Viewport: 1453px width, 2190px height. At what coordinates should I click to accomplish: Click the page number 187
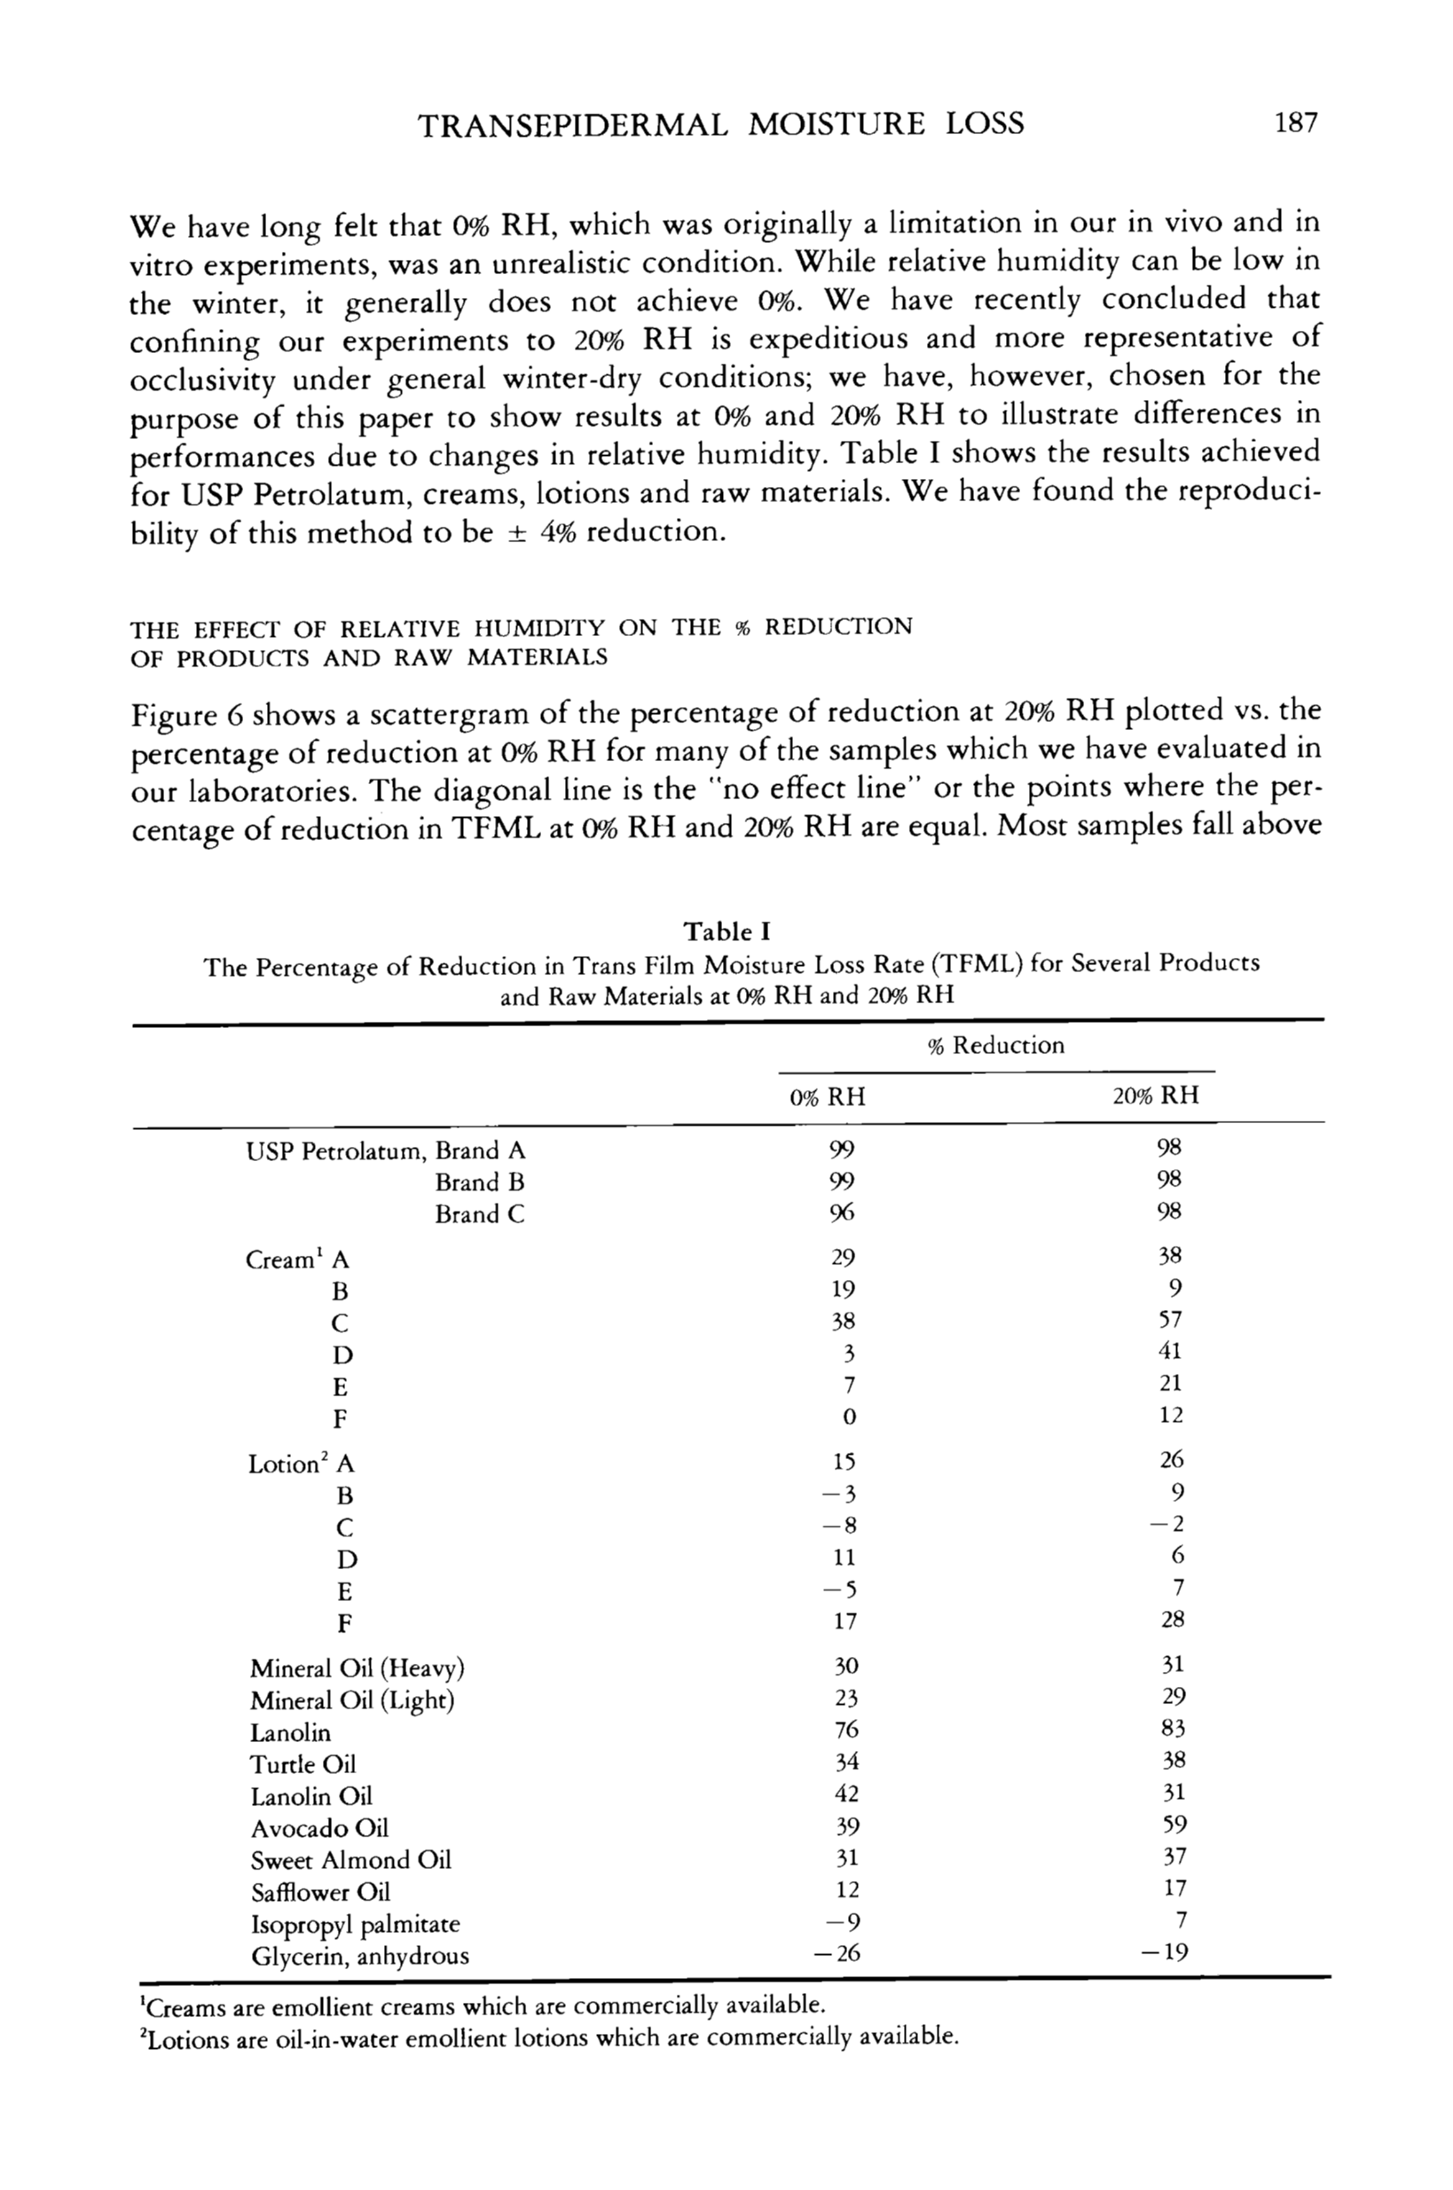point(1295,122)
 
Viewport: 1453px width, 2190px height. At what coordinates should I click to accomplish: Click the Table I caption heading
point(726,931)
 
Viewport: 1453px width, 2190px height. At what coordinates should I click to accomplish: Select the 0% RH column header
point(827,1097)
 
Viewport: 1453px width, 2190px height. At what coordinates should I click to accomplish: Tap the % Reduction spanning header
point(996,1046)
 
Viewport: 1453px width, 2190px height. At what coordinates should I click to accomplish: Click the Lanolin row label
point(290,1732)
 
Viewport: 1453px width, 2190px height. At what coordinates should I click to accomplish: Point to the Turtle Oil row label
point(303,1764)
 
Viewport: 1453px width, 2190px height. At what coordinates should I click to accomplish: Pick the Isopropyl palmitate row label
point(355,1924)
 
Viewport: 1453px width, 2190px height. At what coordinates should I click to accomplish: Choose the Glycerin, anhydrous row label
point(359,1957)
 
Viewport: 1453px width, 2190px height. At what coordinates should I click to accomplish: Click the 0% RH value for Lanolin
point(846,1730)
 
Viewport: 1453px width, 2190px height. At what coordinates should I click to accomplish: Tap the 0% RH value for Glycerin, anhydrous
point(836,1954)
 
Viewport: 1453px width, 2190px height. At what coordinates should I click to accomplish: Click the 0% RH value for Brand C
point(842,1213)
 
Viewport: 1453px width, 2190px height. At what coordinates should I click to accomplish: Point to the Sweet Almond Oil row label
point(350,1860)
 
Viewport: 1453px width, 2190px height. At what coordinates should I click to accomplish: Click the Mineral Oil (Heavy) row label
point(357,1668)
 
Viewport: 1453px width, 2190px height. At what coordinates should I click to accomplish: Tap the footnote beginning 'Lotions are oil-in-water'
point(546,2037)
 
